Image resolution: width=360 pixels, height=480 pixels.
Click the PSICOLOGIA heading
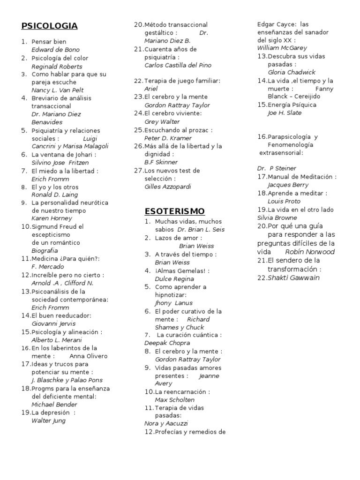pos(49,26)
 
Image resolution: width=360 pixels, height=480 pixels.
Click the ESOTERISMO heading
pos(174,211)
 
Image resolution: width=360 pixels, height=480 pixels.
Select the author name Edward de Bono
pos(55,50)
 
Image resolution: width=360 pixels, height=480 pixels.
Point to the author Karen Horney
pos(52,218)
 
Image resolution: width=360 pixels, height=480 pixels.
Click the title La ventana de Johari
pos(63,155)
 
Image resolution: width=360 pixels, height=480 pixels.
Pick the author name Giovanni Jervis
pos(53,323)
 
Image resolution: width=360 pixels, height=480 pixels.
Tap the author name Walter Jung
pos(48,420)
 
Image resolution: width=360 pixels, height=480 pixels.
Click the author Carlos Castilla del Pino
pos(178,65)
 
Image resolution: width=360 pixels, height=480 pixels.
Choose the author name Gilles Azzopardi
pos(168,187)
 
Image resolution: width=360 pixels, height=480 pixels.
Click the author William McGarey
pos(282,48)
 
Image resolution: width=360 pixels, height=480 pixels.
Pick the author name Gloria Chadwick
pos(291,73)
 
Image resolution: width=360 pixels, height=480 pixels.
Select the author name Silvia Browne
pos(277,217)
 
